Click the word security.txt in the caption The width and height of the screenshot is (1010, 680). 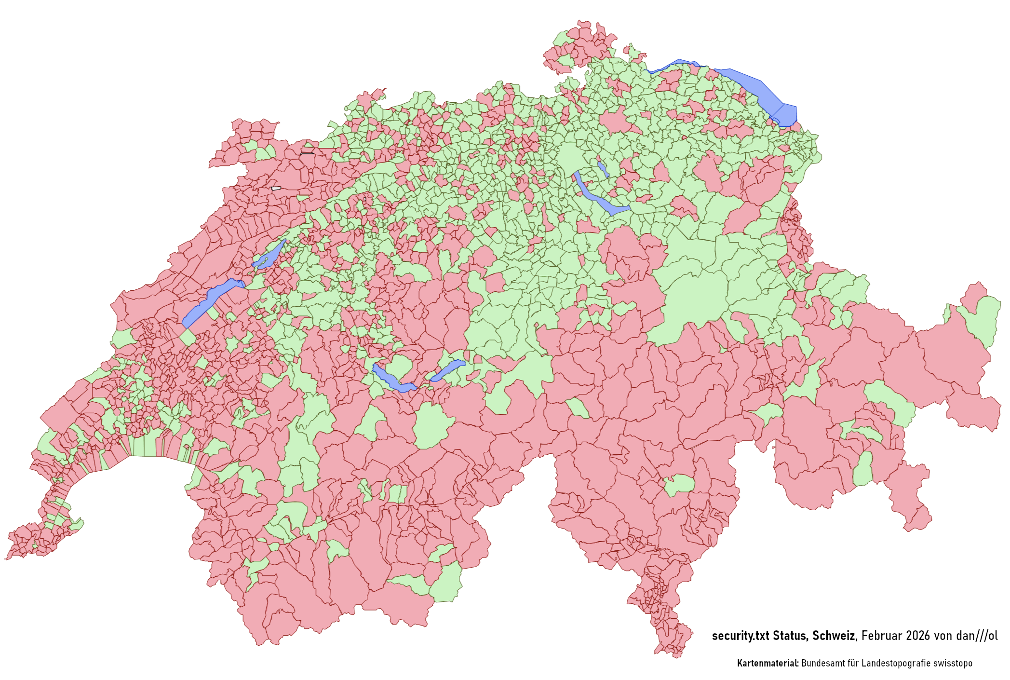pyautogui.click(x=741, y=636)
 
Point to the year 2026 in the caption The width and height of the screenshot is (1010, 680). pyautogui.click(x=918, y=636)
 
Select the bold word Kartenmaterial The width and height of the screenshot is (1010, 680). pyautogui.click(x=768, y=663)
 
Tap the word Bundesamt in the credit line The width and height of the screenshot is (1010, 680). pyautogui.click(x=821, y=663)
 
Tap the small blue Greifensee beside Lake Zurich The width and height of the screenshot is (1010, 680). pyautogui.click(x=603, y=169)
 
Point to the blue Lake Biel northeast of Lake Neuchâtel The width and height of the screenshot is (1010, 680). pyautogui.click(x=270, y=256)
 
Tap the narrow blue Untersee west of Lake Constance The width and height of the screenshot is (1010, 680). pyautogui.click(x=675, y=64)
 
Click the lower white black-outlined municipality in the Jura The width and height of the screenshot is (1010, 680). pyautogui.click(x=276, y=188)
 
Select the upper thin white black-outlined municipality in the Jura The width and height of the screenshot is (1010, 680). pyautogui.click(x=307, y=153)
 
